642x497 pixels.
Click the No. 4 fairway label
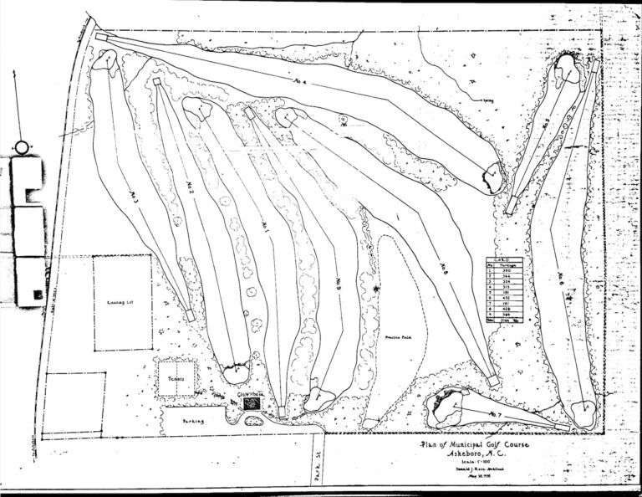pos(298,82)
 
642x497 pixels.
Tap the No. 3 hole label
pos(135,194)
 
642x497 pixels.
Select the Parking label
pos(194,421)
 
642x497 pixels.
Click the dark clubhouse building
pos(251,403)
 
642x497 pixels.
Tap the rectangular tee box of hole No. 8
pos(493,381)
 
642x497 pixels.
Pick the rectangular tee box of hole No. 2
pos(156,81)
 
